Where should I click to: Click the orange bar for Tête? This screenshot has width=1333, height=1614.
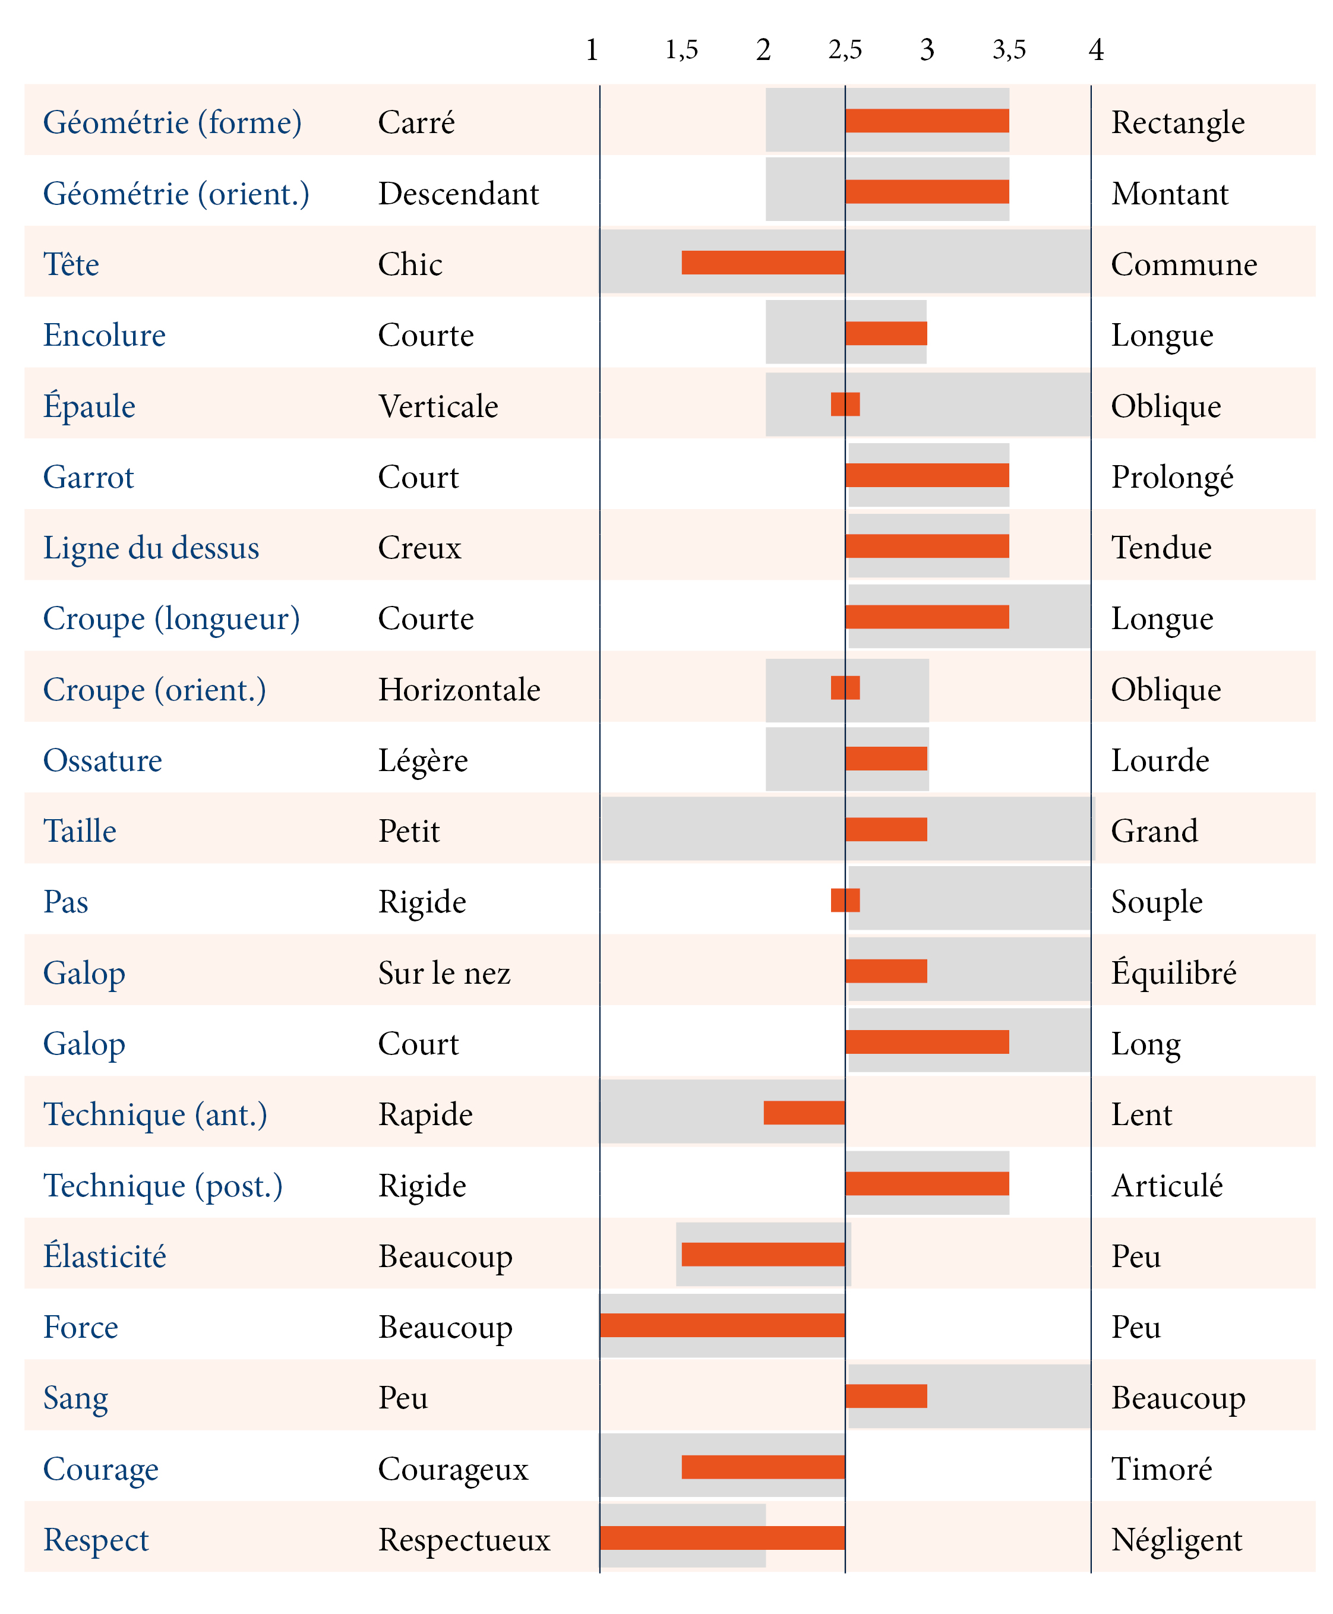click(763, 263)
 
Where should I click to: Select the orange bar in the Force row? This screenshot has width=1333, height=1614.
click(722, 1325)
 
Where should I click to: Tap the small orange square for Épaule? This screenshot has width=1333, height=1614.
click(845, 404)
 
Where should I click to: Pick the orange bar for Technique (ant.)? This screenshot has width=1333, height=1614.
click(805, 1113)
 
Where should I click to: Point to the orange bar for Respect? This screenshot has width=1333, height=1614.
click(722, 1538)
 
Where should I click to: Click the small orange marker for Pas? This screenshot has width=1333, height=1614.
click(845, 900)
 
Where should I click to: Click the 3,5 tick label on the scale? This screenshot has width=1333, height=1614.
click(1009, 50)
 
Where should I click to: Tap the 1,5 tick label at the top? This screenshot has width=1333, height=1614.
click(682, 50)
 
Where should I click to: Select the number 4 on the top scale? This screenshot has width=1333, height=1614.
click(1097, 50)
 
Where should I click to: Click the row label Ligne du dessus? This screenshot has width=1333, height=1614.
click(151, 548)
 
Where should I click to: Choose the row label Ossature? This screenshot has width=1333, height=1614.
click(103, 760)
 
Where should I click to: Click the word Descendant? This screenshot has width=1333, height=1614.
click(459, 194)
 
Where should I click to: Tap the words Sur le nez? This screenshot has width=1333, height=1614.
click(444, 973)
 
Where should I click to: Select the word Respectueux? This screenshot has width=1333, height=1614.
click(465, 1540)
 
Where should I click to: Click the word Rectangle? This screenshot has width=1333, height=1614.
click(1178, 123)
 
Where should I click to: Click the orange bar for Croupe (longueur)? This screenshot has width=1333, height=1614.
click(927, 617)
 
